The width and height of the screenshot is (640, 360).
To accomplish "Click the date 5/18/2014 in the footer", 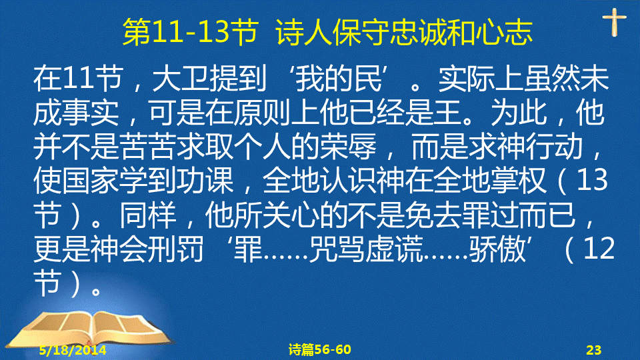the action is tap(73, 350).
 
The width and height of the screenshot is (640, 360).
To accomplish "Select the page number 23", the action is tap(594, 350).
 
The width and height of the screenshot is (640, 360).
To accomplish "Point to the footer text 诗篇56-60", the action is tap(319, 349).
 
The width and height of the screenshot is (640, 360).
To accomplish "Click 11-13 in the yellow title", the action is tap(190, 32).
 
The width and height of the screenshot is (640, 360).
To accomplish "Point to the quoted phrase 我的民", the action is tap(339, 78).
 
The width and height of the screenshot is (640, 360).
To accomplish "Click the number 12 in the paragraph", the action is tap(599, 249).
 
